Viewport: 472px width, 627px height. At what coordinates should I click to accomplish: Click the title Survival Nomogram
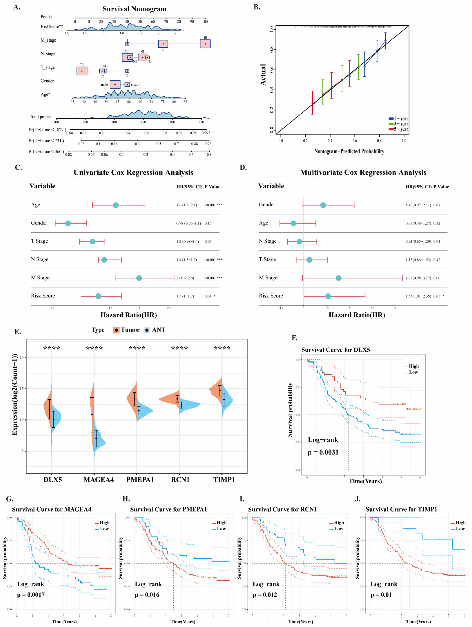pyautogui.click(x=134, y=9)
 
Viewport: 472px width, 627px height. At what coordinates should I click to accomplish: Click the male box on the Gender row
pyautogui.click(x=115, y=84)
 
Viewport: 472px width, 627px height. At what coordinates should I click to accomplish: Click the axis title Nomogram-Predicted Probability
pyautogui.click(x=349, y=151)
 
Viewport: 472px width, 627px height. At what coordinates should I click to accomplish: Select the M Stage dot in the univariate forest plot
pyautogui.click(x=139, y=278)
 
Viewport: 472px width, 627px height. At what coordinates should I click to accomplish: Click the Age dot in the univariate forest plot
pyautogui.click(x=116, y=205)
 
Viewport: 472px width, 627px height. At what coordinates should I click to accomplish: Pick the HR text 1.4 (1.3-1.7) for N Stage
pyautogui.click(x=186, y=260)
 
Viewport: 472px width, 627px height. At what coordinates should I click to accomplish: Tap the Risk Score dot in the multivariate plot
pyautogui.click(x=328, y=296)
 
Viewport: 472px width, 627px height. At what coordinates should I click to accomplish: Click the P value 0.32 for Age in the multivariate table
pyautogui.click(x=437, y=223)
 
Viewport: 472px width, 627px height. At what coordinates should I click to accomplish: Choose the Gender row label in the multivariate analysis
pyautogui.click(x=267, y=205)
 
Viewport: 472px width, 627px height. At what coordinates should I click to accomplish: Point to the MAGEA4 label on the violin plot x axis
pyautogui.click(x=98, y=480)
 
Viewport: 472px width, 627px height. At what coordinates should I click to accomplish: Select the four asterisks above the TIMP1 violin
pyautogui.click(x=222, y=348)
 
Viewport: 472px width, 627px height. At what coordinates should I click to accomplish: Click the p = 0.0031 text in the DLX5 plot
pyautogui.click(x=323, y=452)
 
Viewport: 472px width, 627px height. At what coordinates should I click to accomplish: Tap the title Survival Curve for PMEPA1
pyautogui.click(x=169, y=509)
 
